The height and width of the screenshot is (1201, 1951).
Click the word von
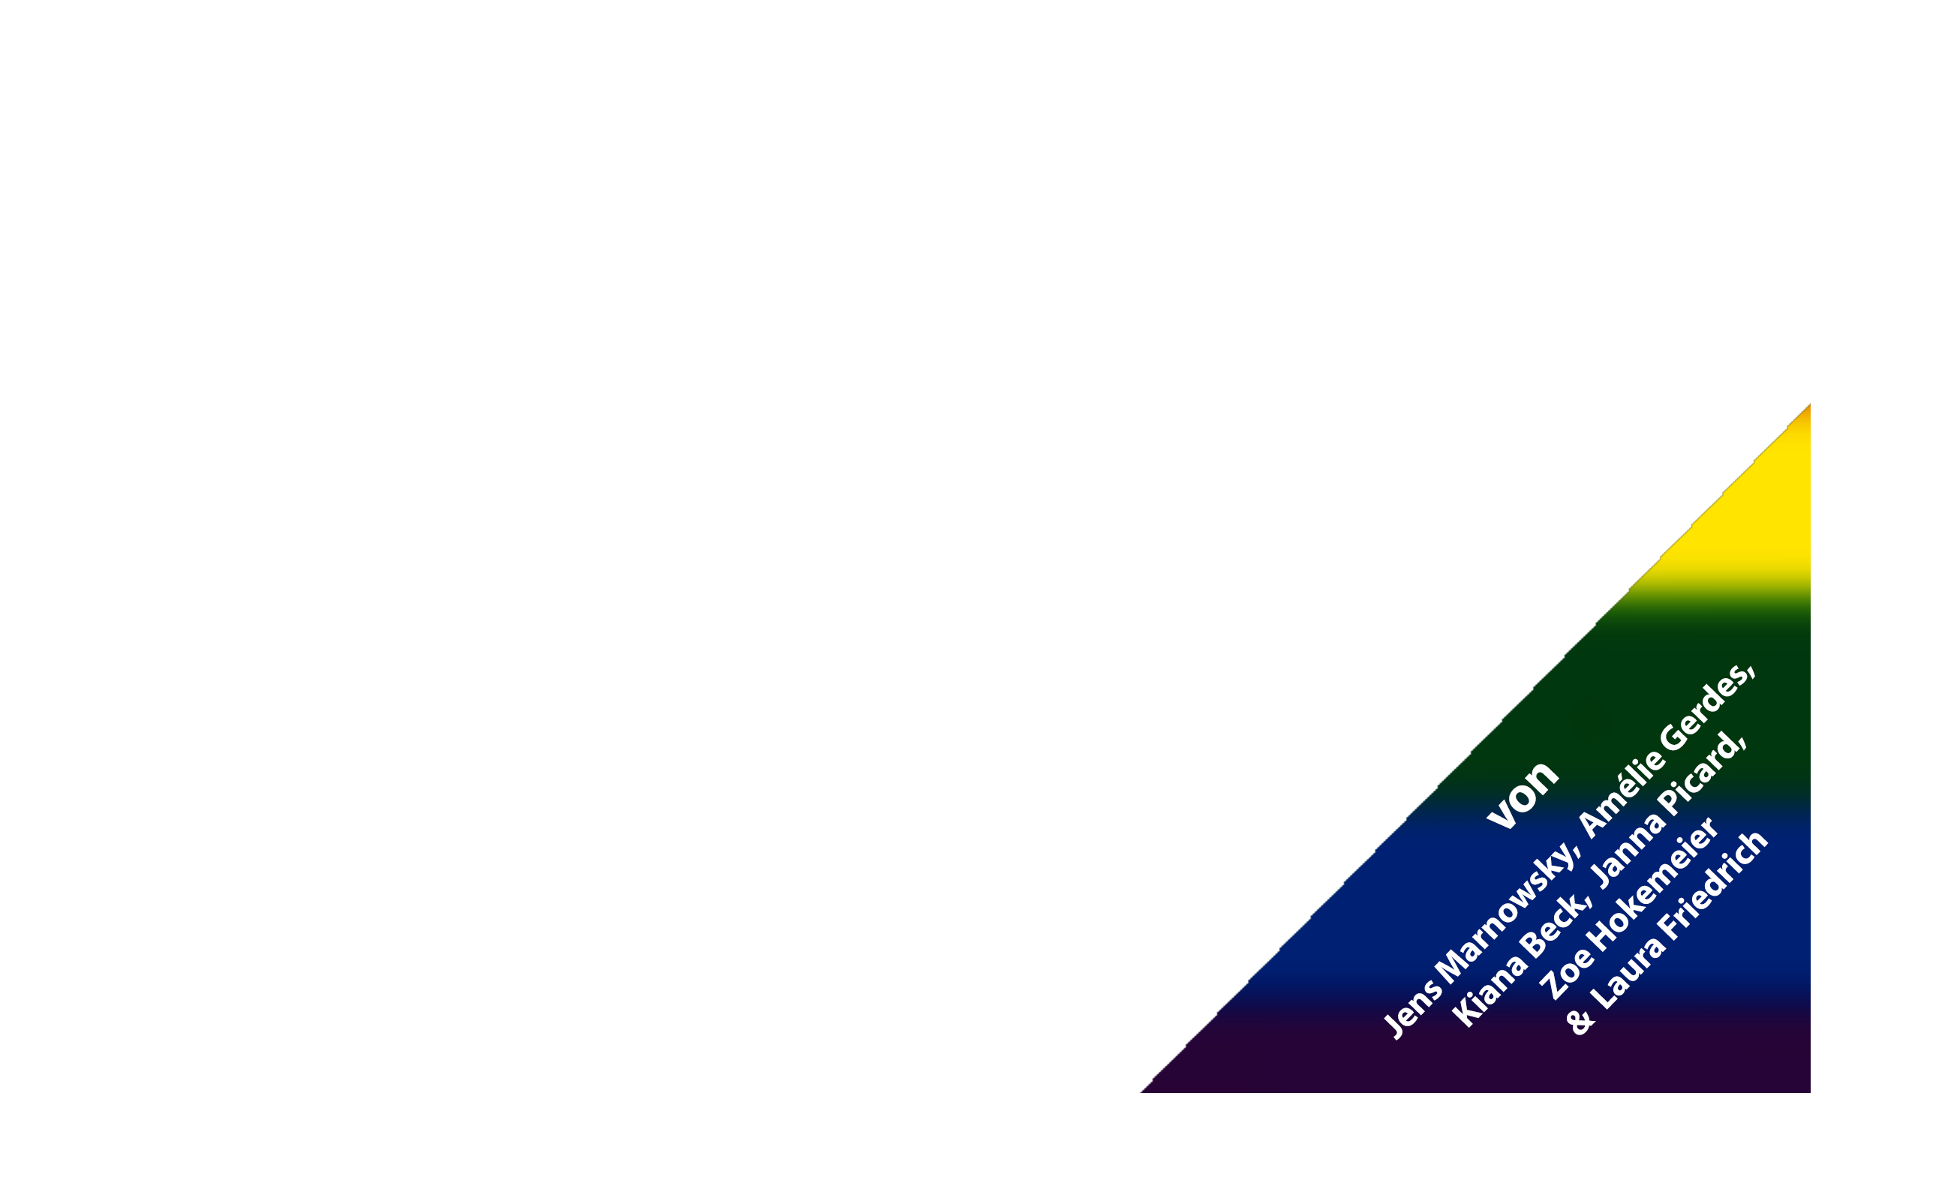(x=1523, y=794)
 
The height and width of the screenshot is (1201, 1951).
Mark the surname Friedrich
(x=1712, y=890)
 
